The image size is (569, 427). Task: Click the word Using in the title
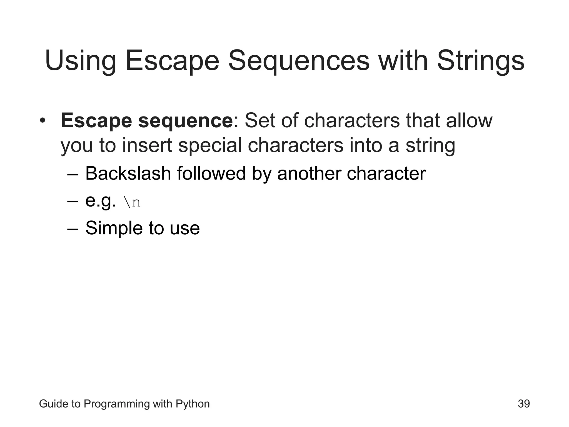tap(80, 61)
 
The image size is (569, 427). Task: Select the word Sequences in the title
tap(299, 61)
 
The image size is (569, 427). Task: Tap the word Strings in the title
tap(481, 61)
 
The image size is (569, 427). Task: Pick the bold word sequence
tap(185, 121)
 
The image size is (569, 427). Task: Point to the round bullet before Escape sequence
tap(42, 121)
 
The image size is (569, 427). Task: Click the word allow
tap(469, 121)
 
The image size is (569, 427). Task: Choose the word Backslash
tap(128, 173)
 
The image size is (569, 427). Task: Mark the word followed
tap(211, 173)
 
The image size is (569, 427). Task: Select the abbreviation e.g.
tap(100, 201)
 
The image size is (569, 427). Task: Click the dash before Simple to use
tap(73, 229)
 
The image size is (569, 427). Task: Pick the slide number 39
tap(524, 404)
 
